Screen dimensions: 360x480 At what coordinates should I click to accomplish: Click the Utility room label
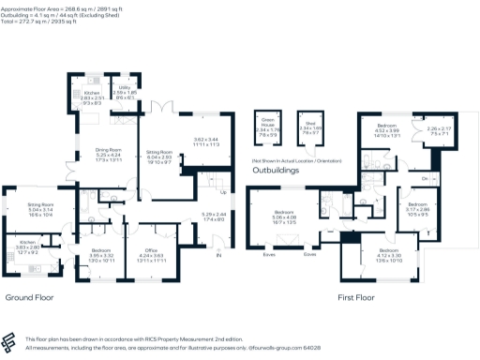point(125,85)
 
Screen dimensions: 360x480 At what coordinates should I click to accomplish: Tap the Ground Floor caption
point(29,297)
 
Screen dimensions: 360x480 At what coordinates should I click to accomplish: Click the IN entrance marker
point(220,255)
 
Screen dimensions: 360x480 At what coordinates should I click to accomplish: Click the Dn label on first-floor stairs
point(425,179)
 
